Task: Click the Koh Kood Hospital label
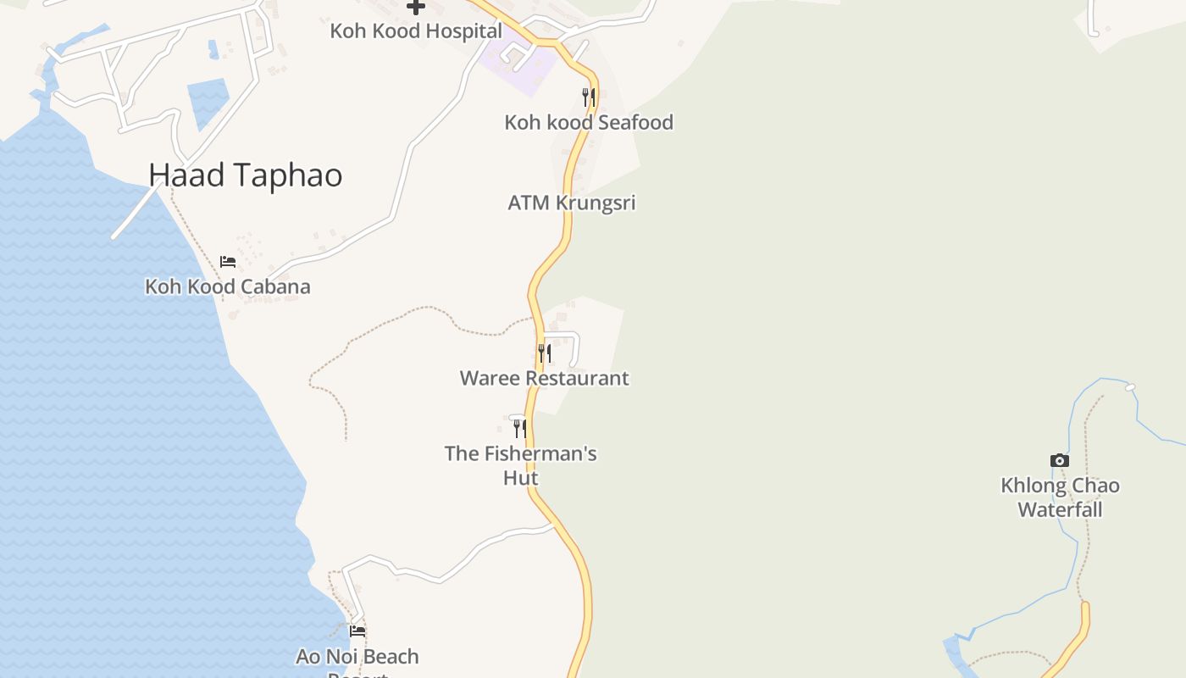[x=416, y=31]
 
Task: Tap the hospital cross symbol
[x=416, y=7]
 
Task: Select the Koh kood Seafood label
[x=589, y=122]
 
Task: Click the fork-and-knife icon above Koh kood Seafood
[x=589, y=97]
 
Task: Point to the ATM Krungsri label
[x=572, y=203]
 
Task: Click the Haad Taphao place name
[x=246, y=175]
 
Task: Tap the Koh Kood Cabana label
[x=228, y=286]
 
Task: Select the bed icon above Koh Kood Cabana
[x=228, y=261]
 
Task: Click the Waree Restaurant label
[x=545, y=378]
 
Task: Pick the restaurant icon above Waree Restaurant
[x=545, y=353]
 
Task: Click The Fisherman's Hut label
[x=521, y=453]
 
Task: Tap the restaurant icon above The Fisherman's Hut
[x=520, y=428]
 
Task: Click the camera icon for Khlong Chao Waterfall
[x=1060, y=460]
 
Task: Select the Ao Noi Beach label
[x=357, y=657]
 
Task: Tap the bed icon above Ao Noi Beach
[x=357, y=631]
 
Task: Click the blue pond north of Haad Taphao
[x=208, y=102]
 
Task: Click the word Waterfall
[x=1060, y=510]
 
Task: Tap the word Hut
[x=521, y=478]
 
